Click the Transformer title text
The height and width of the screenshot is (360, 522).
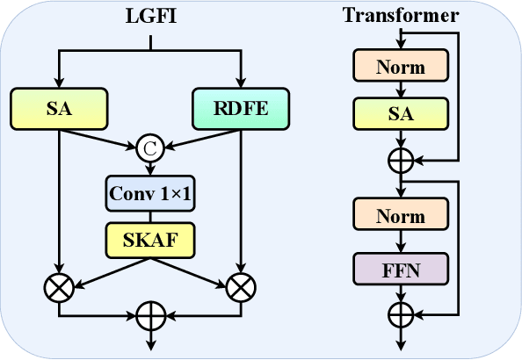click(401, 16)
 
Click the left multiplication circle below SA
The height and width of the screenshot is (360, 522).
click(59, 286)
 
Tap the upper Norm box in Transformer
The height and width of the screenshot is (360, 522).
click(401, 66)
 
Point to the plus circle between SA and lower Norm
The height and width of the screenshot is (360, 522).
click(401, 161)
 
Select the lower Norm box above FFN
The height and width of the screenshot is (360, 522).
click(401, 217)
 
